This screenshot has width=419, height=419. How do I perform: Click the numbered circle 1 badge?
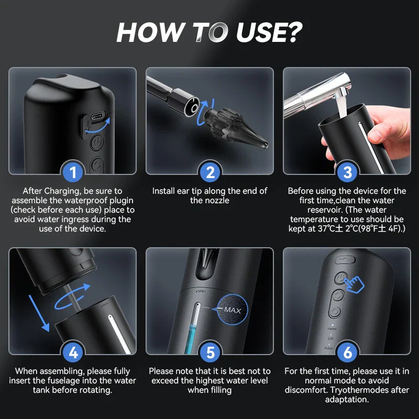tap(73, 172)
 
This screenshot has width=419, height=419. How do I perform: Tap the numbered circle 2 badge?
tap(210, 172)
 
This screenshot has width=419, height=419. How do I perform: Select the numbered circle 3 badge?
tap(346, 172)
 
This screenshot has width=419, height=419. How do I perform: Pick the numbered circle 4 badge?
tap(73, 352)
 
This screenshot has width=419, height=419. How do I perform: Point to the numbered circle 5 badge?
tap(210, 352)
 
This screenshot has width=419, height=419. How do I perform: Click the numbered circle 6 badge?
tap(346, 352)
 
